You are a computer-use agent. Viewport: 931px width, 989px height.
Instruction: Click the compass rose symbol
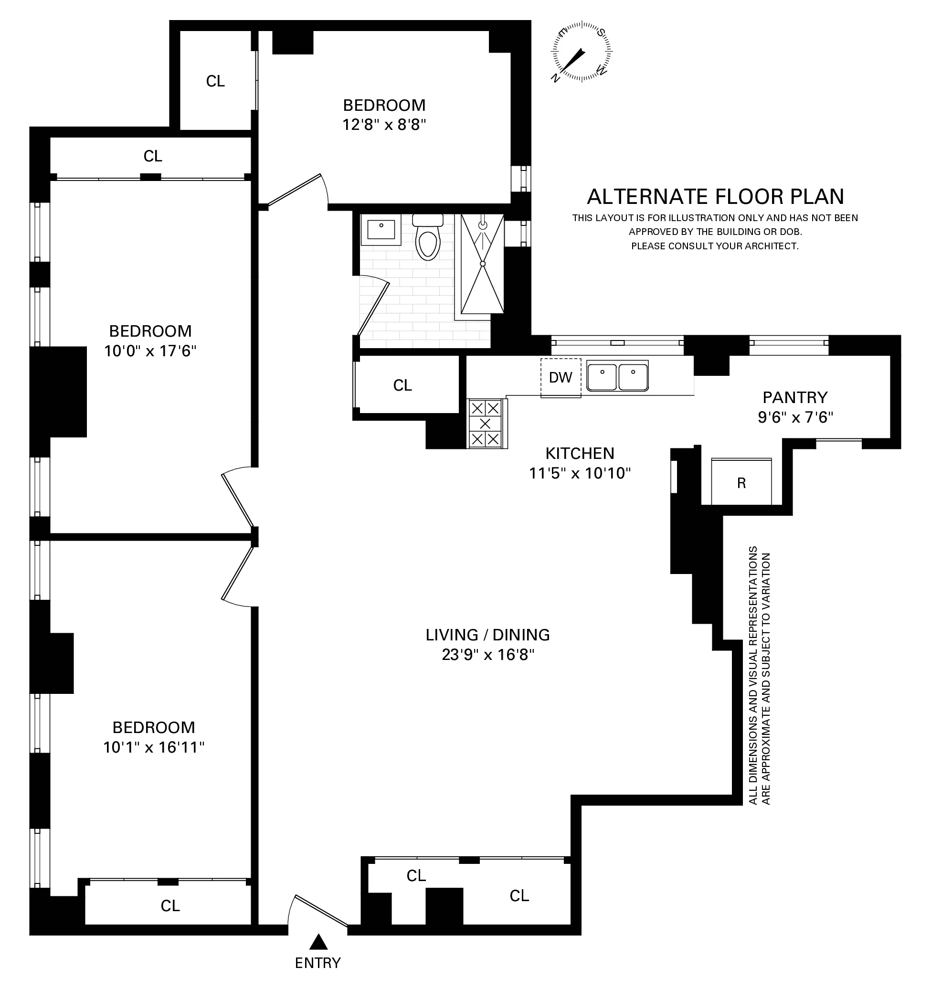[581, 51]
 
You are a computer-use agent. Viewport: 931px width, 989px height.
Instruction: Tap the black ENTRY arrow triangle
[318, 942]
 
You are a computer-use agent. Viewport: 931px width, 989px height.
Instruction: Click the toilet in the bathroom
[428, 238]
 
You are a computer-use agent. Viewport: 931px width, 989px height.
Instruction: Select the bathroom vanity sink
[381, 230]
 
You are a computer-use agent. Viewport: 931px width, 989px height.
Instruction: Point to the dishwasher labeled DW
[561, 378]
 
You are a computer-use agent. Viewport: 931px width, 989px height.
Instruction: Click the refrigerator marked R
[741, 482]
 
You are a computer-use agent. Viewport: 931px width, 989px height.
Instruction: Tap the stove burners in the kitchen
[486, 424]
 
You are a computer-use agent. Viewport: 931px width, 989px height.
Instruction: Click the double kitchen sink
[617, 377]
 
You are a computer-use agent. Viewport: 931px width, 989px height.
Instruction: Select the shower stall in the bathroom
[482, 264]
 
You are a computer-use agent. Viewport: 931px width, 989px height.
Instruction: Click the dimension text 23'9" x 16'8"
[488, 655]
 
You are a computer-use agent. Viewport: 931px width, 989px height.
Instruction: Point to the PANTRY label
[795, 397]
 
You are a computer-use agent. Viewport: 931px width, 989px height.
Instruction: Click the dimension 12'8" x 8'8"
[384, 124]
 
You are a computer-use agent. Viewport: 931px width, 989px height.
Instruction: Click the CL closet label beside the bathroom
[402, 385]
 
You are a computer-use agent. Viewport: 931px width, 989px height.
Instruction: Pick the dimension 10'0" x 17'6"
[150, 351]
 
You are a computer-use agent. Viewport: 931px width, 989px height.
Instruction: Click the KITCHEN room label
[580, 453]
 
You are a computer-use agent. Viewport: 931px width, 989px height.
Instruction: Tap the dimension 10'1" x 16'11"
[154, 747]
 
